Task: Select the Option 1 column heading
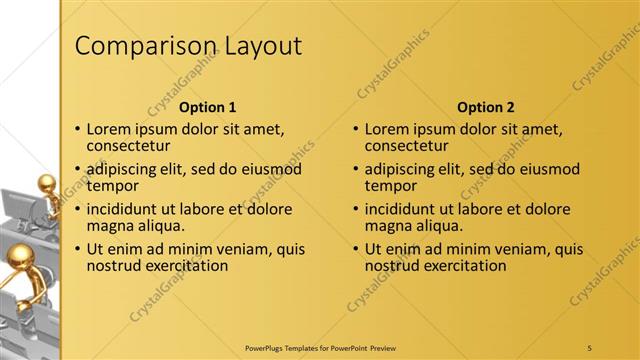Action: [x=208, y=107]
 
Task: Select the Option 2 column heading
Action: [x=486, y=107]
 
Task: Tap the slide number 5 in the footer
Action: [x=590, y=347]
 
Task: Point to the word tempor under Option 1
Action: [x=112, y=186]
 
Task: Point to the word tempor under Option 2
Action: [x=390, y=186]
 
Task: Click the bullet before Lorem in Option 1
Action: [x=77, y=130]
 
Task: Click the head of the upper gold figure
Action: [x=46, y=184]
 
